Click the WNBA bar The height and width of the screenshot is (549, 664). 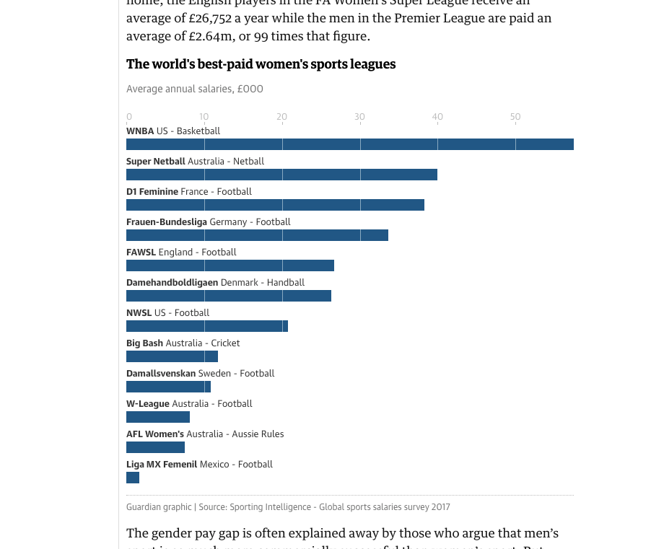coord(350,144)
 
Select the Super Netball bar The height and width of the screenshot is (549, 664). coord(281,175)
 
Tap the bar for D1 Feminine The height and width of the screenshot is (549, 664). coord(275,205)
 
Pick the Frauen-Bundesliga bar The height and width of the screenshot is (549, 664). coord(257,235)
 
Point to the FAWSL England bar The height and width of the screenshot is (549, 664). coord(230,265)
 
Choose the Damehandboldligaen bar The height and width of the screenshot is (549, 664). coord(229,296)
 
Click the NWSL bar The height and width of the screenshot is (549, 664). coord(207,326)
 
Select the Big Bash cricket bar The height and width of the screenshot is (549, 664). coord(172,356)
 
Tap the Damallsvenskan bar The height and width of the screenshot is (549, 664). coord(168,387)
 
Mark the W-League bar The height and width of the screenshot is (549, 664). coord(158,417)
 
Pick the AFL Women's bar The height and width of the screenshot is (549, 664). coord(155,447)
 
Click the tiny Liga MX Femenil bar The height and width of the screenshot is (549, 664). coord(133,478)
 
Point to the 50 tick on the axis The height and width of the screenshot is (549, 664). coord(515,117)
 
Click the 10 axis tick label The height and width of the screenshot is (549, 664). coord(204,117)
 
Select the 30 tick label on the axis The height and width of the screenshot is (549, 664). coord(359,117)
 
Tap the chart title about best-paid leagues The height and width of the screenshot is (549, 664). coord(261,64)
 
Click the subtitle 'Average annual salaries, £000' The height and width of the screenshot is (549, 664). coord(195,89)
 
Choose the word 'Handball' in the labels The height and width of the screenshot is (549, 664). coord(286,283)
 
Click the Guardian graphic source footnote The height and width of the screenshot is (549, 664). coord(288,507)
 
